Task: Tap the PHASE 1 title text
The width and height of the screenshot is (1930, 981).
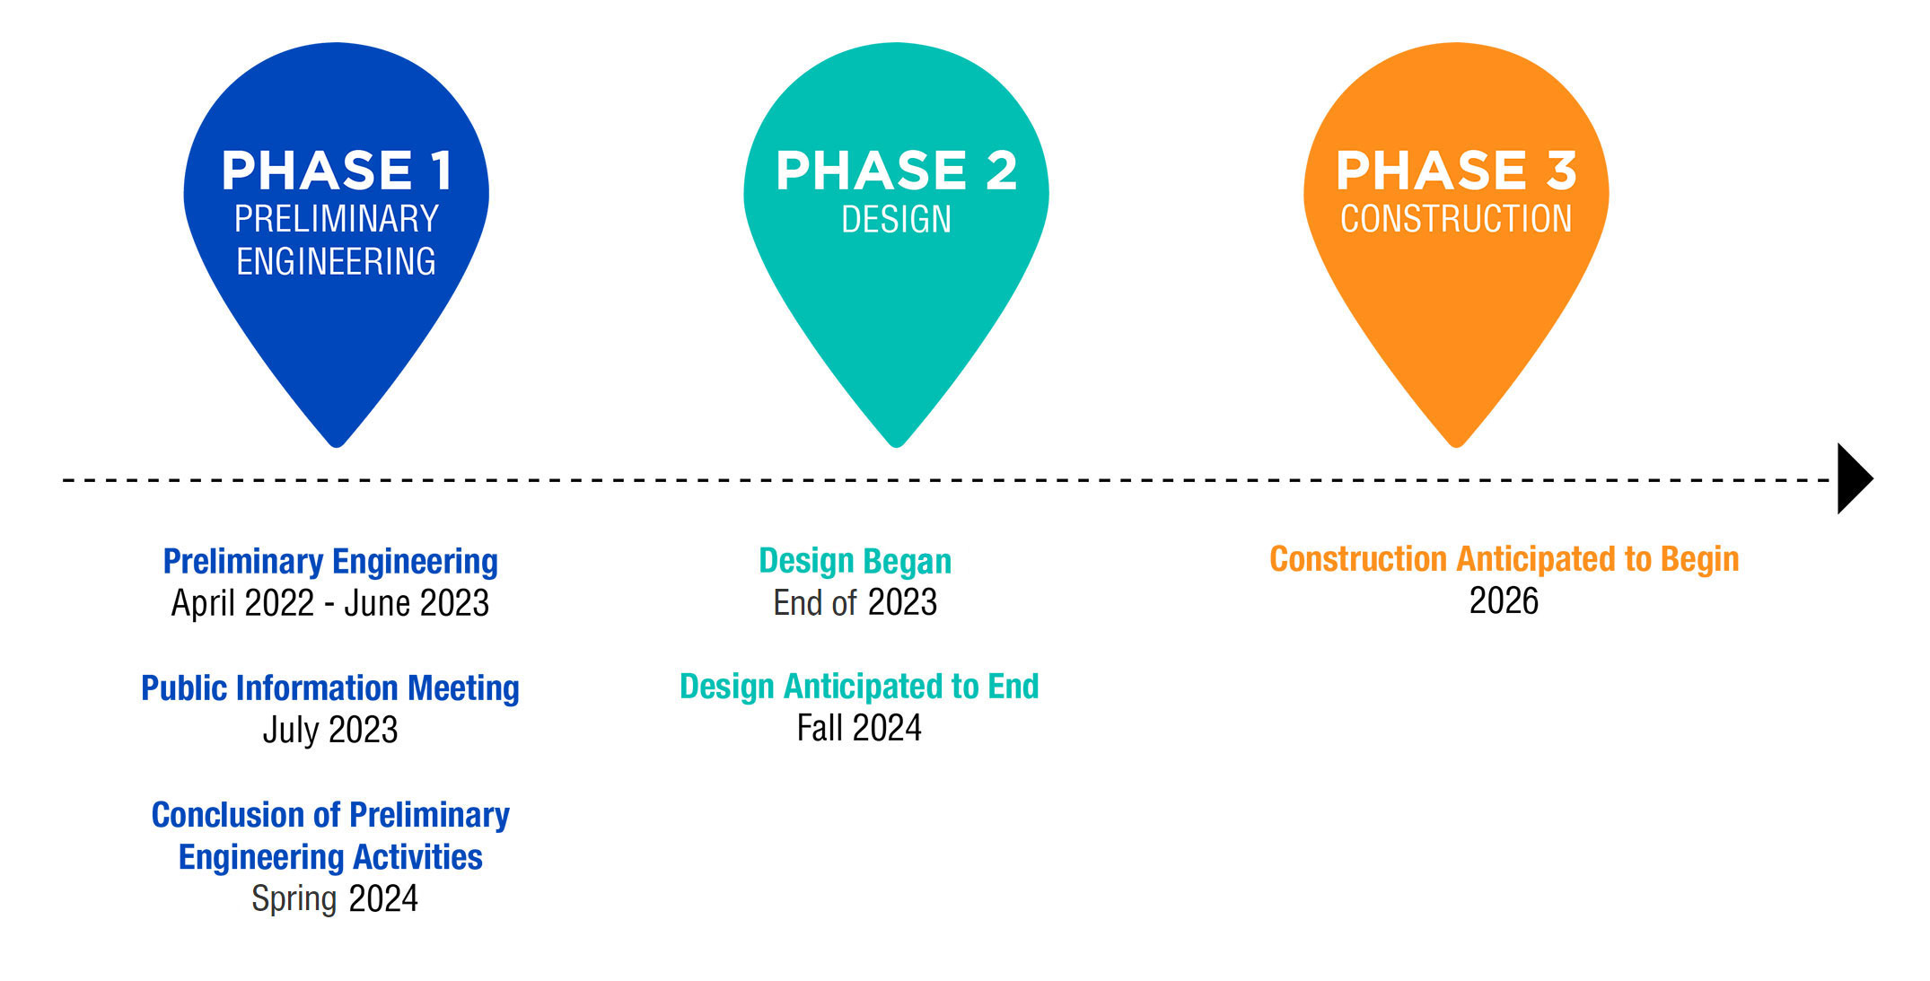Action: tap(337, 171)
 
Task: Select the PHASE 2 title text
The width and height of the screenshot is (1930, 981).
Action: tap(896, 171)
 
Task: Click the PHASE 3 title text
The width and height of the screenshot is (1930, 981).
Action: tap(1456, 171)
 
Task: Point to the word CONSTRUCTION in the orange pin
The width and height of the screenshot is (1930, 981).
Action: tap(1456, 219)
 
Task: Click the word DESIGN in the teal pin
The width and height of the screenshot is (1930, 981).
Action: tap(896, 219)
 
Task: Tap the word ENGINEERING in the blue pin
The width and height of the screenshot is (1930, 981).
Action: tap(337, 261)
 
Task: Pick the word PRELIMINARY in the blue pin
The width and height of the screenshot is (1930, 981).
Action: tap(337, 219)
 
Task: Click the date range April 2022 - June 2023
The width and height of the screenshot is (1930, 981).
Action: tap(330, 603)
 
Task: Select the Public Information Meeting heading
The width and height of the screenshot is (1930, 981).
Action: tap(330, 688)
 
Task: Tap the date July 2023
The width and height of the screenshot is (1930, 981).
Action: tap(330, 730)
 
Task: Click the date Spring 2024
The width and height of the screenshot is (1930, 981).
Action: tap(335, 898)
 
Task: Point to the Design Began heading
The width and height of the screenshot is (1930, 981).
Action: tap(855, 562)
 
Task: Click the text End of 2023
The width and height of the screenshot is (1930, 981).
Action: tap(855, 602)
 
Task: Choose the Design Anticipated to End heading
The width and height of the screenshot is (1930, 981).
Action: tap(859, 687)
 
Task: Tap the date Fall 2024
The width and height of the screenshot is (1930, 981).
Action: tap(859, 728)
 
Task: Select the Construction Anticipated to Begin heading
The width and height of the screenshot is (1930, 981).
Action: tap(1505, 559)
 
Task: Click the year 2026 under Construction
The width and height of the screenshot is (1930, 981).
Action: tap(1505, 600)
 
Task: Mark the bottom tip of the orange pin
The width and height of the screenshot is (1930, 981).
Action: tap(1456, 446)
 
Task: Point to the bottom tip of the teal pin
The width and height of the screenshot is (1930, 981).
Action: tap(896, 446)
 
